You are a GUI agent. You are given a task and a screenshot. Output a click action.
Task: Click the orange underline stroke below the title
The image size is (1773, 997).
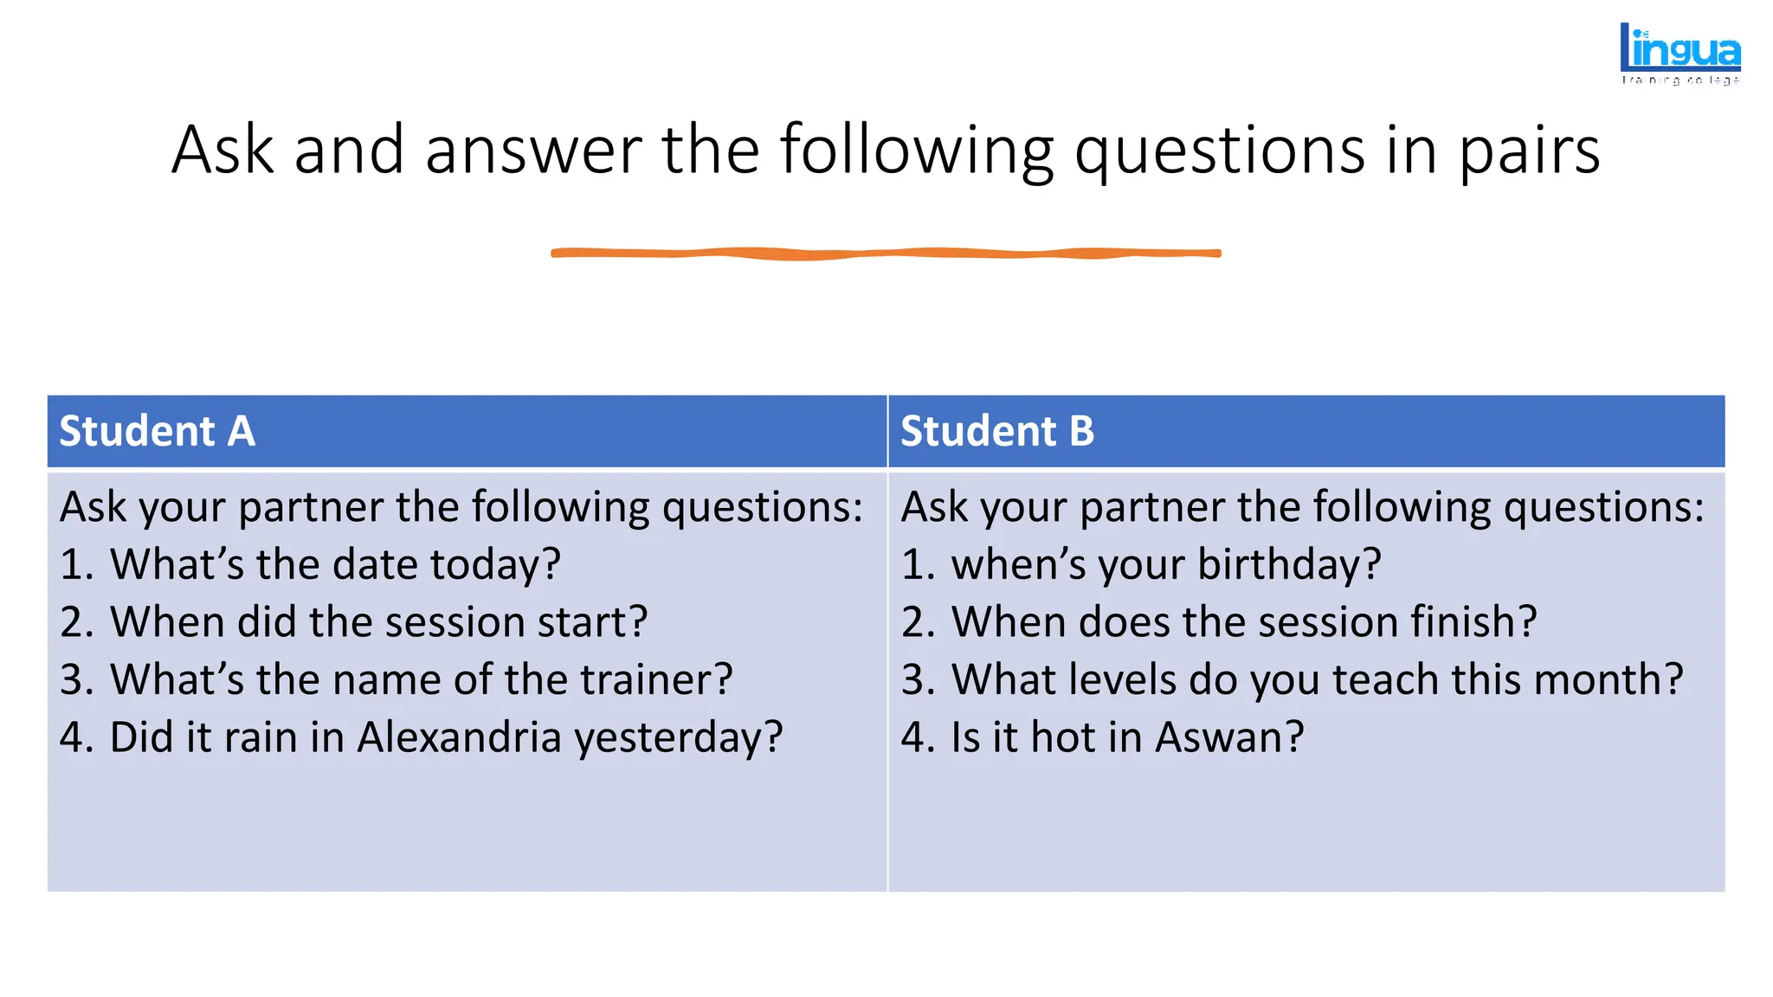[x=886, y=253]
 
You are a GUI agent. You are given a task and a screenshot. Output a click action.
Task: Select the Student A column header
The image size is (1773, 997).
[x=157, y=431]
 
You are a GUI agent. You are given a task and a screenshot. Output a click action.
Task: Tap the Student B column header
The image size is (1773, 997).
[x=997, y=431]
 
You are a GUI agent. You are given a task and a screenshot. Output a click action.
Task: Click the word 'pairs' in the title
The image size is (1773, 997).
[x=1530, y=151]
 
